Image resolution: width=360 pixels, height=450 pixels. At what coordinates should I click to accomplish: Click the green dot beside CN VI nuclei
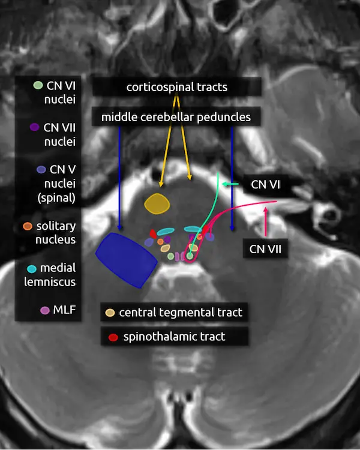pyautogui.click(x=38, y=86)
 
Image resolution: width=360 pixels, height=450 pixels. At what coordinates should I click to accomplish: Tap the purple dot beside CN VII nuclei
pyautogui.click(x=34, y=127)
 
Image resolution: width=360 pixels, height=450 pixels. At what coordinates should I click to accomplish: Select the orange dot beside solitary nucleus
pyautogui.click(x=27, y=227)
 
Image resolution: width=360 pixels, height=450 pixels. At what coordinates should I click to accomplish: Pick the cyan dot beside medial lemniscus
pyautogui.click(x=32, y=269)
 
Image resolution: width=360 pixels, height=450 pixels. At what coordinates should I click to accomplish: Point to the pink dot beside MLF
pyautogui.click(x=44, y=310)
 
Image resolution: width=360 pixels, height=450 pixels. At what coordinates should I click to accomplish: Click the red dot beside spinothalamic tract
pyautogui.click(x=113, y=337)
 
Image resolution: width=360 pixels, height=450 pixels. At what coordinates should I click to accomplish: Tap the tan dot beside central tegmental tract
pyautogui.click(x=110, y=313)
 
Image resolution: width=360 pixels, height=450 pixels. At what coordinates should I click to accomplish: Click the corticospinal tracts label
pyautogui.click(x=177, y=87)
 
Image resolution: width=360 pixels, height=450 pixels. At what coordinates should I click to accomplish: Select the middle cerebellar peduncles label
pyautogui.click(x=176, y=116)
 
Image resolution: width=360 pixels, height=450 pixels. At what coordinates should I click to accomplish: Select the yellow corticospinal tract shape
pyautogui.click(x=157, y=203)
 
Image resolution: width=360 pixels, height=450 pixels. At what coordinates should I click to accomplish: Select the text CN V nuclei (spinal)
pyautogui.click(x=56, y=184)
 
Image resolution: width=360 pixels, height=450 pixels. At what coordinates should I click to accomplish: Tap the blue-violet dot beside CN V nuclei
pyautogui.click(x=40, y=170)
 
